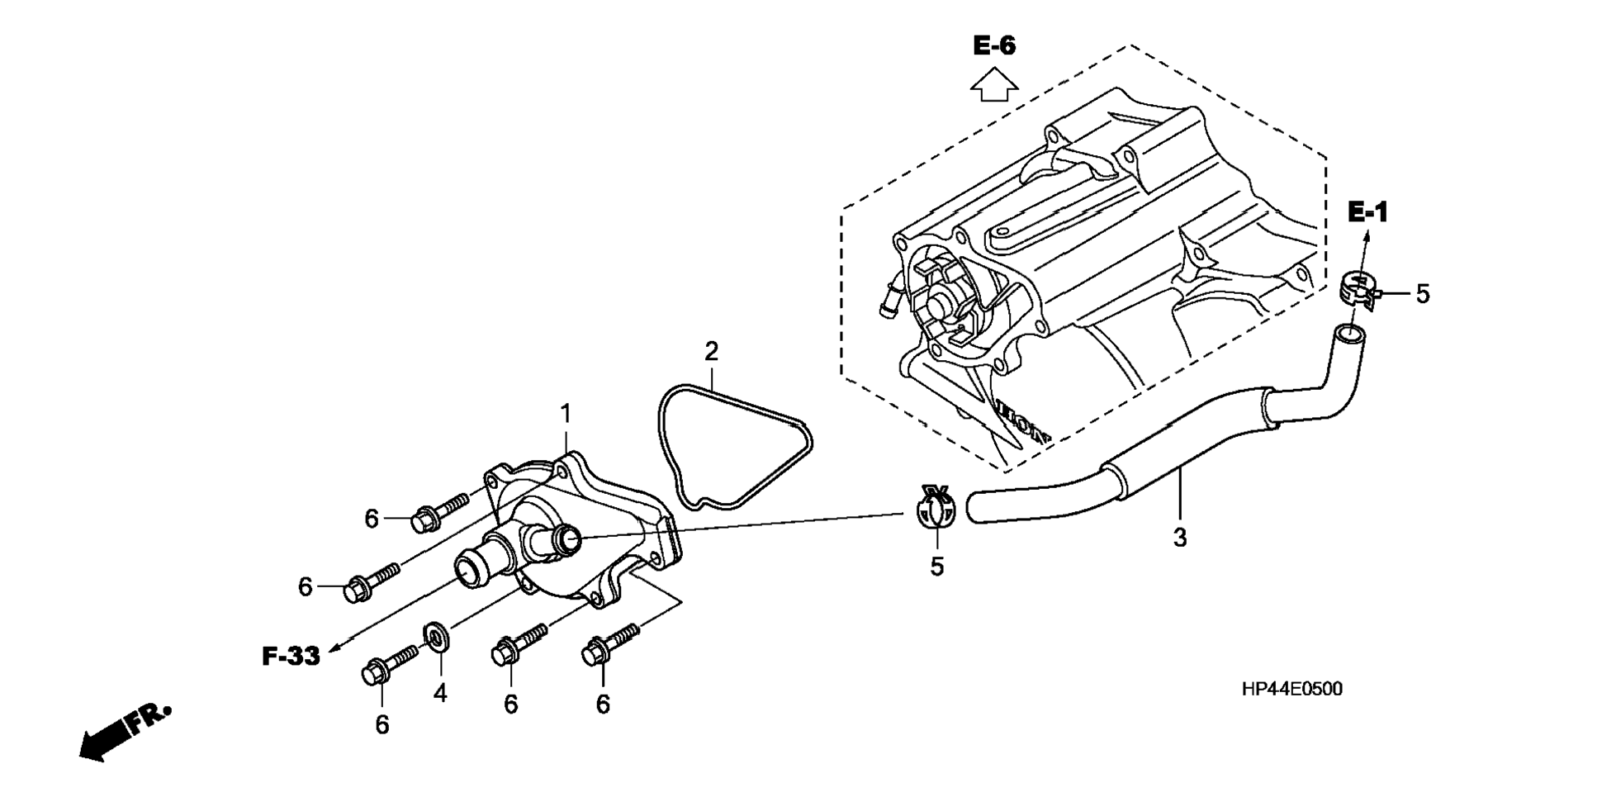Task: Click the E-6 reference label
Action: click(994, 45)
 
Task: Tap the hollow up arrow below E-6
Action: click(994, 84)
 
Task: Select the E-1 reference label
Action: click(1368, 212)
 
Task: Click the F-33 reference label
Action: click(291, 657)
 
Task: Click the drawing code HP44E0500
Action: click(1292, 689)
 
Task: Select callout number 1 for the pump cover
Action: click(566, 412)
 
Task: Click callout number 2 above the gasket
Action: click(711, 352)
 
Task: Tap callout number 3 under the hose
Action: click(1180, 538)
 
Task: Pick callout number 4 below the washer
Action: click(440, 693)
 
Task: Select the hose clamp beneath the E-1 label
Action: click(1358, 292)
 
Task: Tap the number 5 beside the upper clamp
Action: click(1422, 293)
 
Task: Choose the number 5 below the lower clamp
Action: click(936, 567)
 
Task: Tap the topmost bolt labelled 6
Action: click(438, 510)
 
